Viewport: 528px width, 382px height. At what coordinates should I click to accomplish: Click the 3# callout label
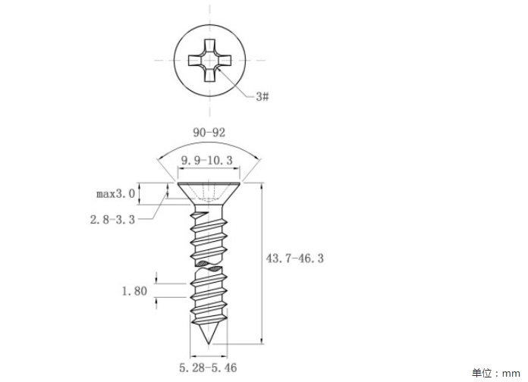[x=262, y=96]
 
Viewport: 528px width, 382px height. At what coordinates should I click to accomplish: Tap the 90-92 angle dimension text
[x=209, y=133]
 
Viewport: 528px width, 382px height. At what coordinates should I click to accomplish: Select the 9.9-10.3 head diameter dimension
[x=207, y=160]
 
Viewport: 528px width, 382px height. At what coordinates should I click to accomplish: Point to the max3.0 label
[x=116, y=194]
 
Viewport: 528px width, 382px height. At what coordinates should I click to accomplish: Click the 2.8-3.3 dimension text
[x=112, y=220]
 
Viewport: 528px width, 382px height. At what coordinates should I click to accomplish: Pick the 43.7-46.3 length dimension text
[x=294, y=258]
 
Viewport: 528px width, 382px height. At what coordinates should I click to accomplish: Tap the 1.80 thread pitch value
[x=134, y=291]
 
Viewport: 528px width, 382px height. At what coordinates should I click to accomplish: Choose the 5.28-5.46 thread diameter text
[x=208, y=368]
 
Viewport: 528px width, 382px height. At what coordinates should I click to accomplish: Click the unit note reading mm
[x=511, y=373]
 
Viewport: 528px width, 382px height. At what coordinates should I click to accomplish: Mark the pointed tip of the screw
[x=209, y=344]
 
